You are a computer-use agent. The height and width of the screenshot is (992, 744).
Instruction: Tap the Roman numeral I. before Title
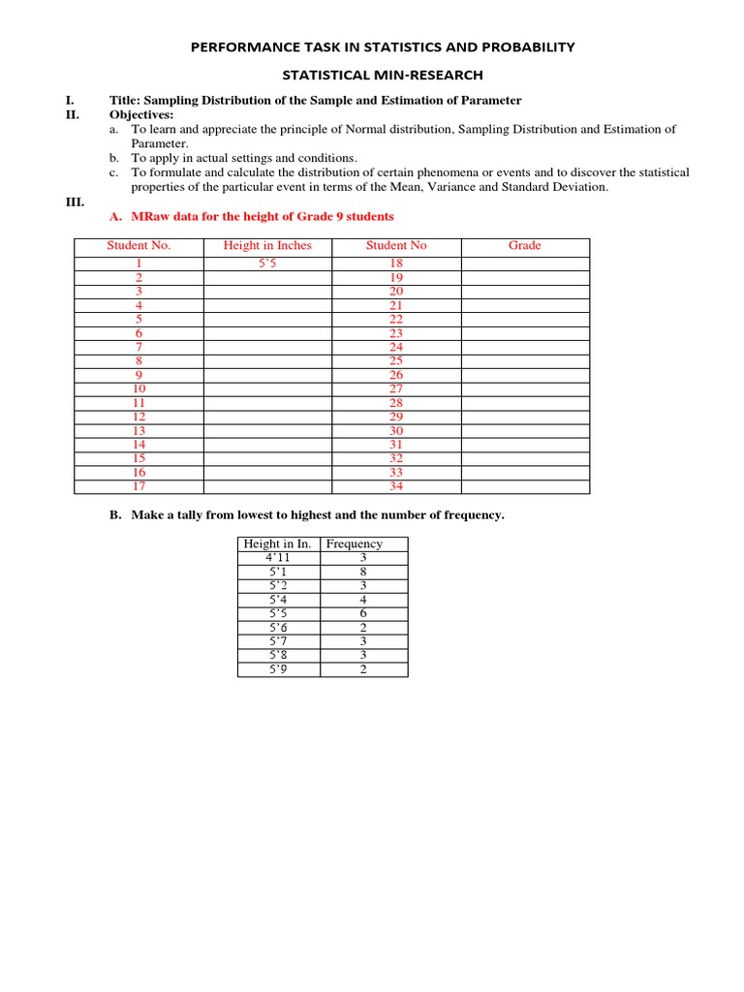[x=68, y=101]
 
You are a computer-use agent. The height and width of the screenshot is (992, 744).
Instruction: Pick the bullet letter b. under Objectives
[x=113, y=158]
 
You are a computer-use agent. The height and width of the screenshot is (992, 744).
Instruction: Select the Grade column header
[x=524, y=246]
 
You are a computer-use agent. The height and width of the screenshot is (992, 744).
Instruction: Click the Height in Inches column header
[x=267, y=246]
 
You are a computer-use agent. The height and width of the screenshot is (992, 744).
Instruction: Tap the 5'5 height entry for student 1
[x=267, y=263]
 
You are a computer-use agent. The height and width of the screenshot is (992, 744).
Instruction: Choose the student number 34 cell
[x=396, y=486]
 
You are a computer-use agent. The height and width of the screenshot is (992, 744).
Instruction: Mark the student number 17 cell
[x=139, y=486]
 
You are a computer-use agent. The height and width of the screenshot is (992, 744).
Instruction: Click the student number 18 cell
[x=396, y=263]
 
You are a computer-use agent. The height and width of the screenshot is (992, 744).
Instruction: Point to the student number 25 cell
[x=396, y=360]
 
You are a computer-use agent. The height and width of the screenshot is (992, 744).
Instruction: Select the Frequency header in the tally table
[x=354, y=544]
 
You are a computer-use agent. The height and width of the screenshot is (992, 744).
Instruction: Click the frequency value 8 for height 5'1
[x=363, y=572]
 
